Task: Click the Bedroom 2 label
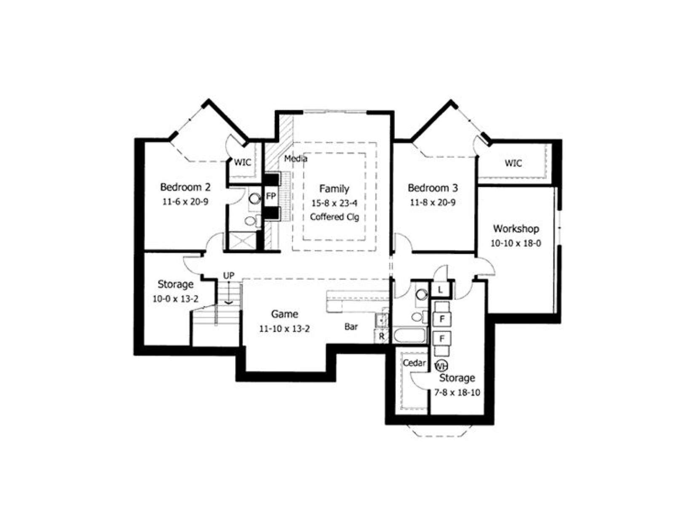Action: [185, 187]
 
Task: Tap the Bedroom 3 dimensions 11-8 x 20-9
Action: [432, 202]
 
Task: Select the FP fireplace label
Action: [271, 196]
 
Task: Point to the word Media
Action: [295, 159]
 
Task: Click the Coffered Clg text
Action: [334, 217]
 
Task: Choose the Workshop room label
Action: [516, 229]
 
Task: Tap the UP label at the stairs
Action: [228, 276]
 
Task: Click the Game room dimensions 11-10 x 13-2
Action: [284, 329]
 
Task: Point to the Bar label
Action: [351, 327]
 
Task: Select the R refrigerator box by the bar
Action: [381, 336]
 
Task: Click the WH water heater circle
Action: [441, 366]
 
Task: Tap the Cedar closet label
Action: [414, 363]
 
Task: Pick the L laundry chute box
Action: [440, 290]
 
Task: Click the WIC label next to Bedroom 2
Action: [243, 162]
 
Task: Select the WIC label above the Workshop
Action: [513, 163]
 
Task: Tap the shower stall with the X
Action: [243, 241]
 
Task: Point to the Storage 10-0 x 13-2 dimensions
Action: [175, 299]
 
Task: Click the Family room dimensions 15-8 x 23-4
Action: [334, 203]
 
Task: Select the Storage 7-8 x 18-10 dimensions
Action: [457, 393]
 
